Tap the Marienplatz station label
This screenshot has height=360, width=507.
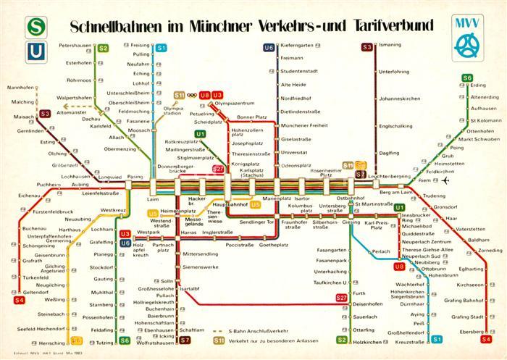(276, 197)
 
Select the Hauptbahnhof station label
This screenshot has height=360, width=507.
(229, 205)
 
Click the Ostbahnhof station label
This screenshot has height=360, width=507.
(351, 197)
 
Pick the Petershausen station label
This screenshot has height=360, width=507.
(73, 46)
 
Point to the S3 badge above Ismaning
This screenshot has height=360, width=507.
(367, 47)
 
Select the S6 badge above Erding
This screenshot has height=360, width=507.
(467, 78)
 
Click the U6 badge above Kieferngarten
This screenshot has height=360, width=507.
(269, 47)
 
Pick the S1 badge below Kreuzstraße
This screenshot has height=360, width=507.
(436, 339)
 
